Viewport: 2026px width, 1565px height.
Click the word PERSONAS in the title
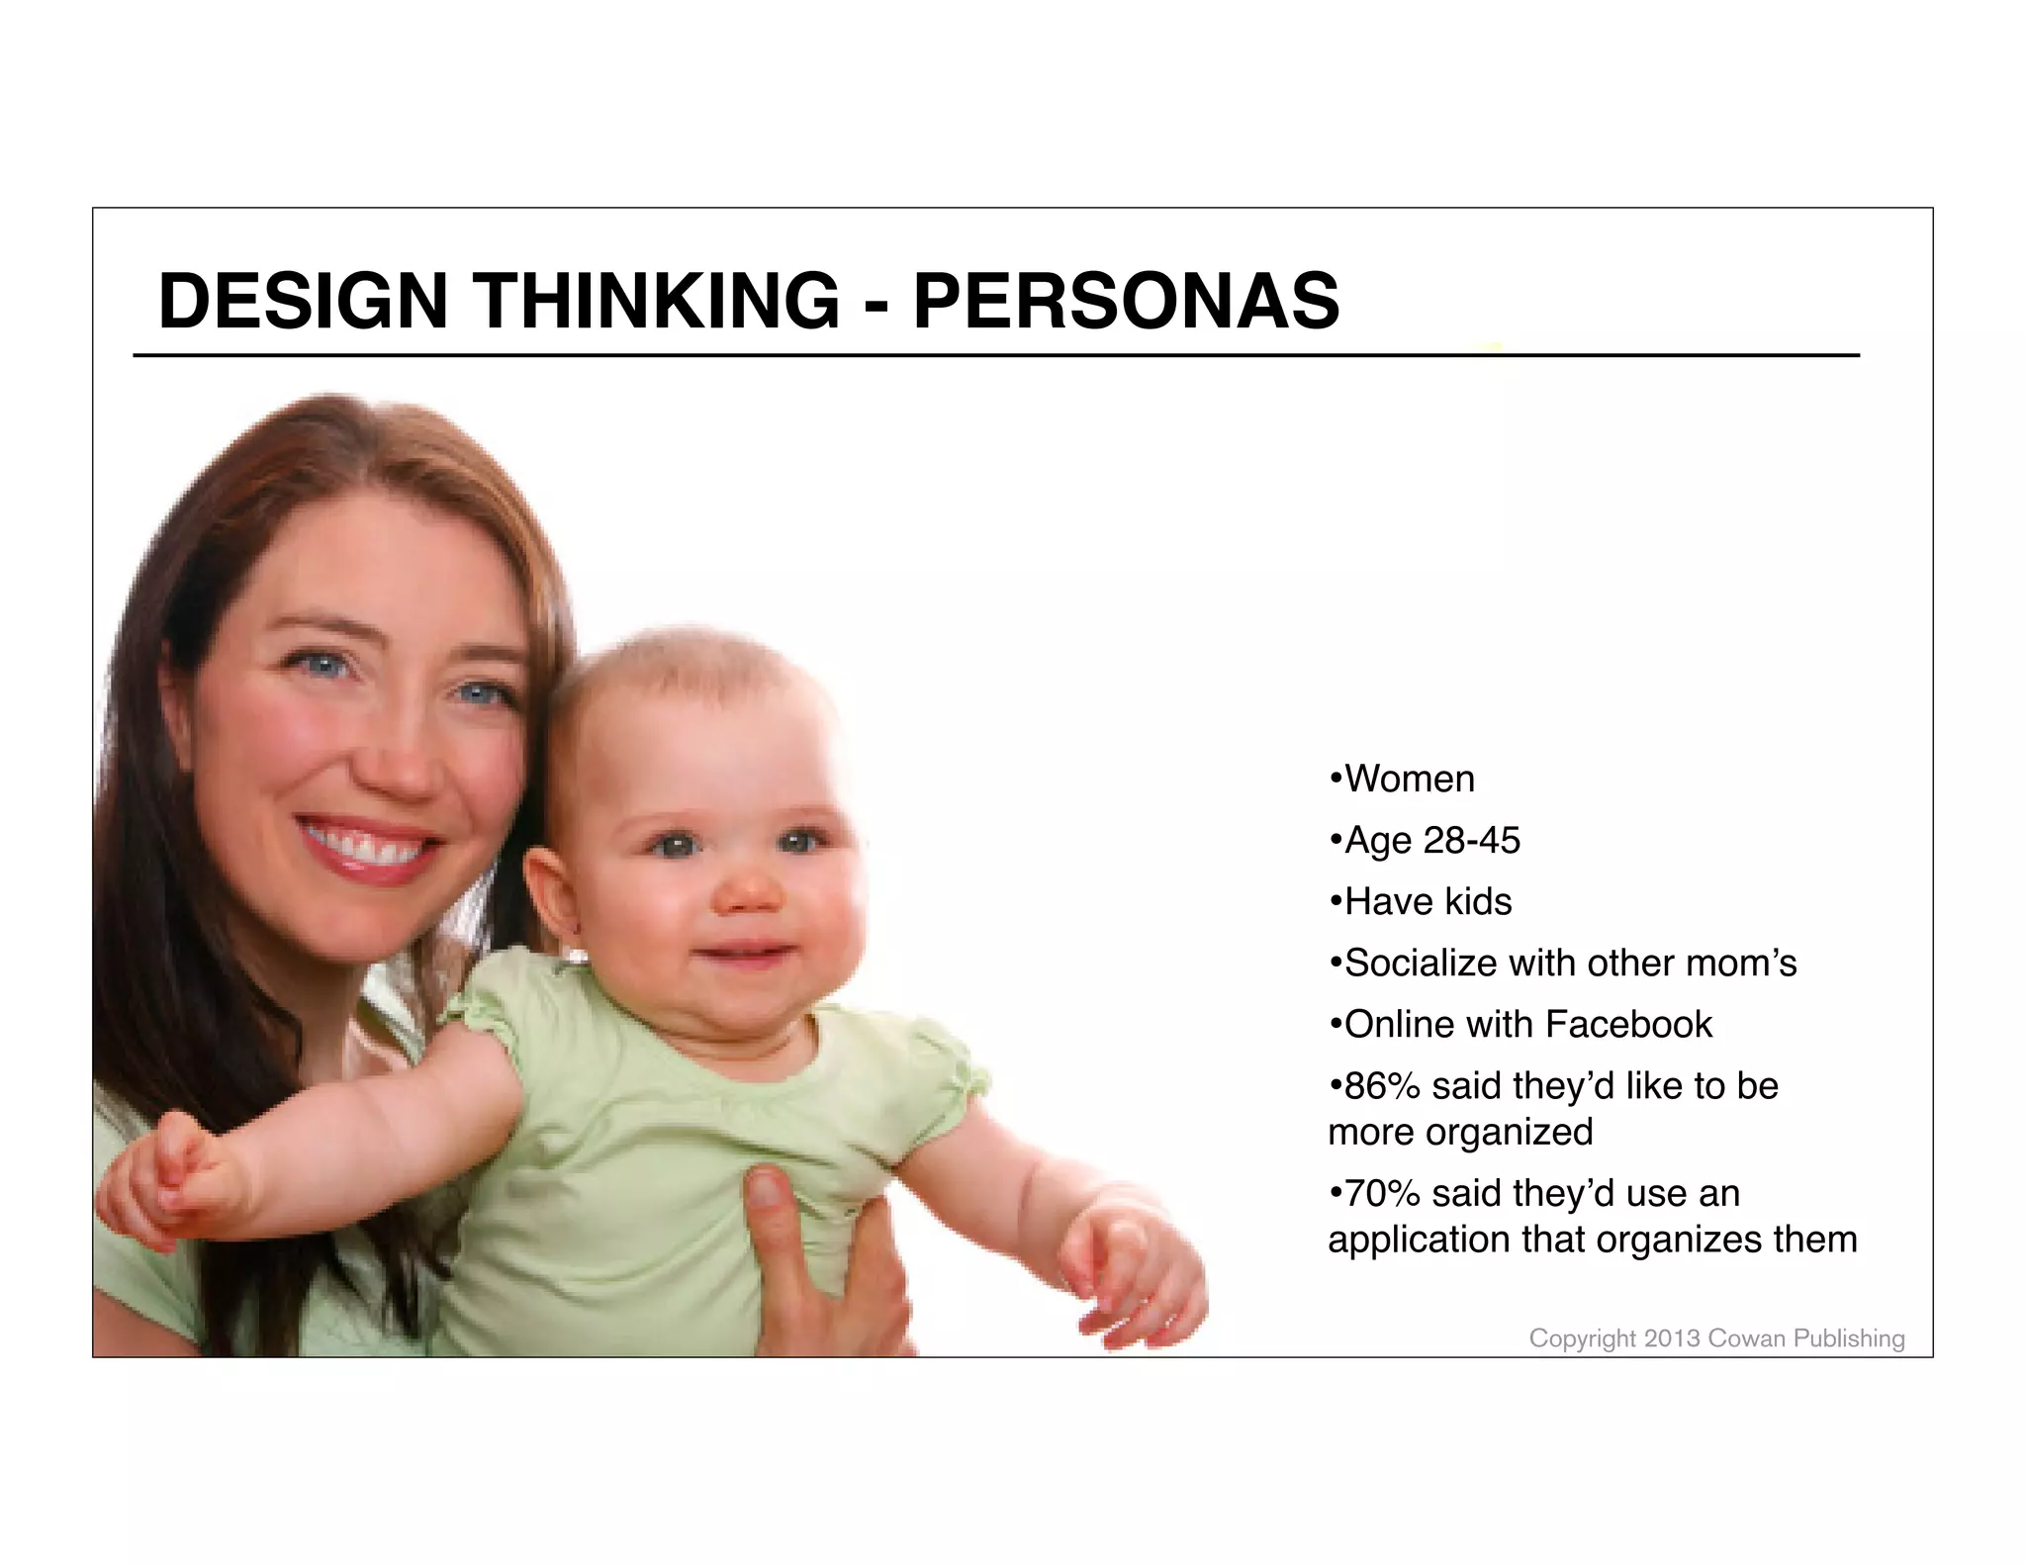point(1126,301)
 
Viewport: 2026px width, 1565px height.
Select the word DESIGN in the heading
point(303,301)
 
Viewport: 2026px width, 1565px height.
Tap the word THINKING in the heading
point(657,301)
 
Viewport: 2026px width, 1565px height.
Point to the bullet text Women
point(1409,780)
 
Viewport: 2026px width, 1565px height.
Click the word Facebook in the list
point(1627,1025)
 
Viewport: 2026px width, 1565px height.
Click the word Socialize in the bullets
point(1421,964)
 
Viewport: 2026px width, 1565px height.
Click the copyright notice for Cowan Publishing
point(1716,1338)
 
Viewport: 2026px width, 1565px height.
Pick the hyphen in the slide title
point(875,305)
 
